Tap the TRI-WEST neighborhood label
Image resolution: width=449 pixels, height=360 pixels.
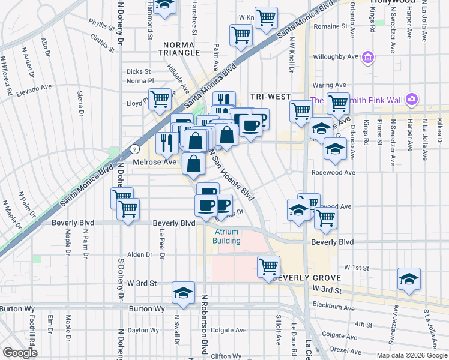coord(271,97)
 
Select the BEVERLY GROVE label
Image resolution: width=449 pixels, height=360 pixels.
coord(307,278)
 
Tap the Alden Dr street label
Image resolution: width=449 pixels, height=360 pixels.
coord(140,254)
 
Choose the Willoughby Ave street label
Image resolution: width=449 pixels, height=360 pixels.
coord(335,58)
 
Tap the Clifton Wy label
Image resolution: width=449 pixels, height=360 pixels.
coord(226,356)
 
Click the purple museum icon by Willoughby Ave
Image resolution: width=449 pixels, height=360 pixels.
coord(368,58)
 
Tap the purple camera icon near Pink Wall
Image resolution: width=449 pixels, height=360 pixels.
coord(412,99)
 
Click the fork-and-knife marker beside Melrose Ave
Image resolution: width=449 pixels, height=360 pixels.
coord(166,142)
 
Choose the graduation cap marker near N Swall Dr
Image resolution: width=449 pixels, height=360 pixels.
coord(183,293)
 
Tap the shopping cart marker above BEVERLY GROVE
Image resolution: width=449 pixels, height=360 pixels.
coord(269,265)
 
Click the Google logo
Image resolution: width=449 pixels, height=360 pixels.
coord(20,353)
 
